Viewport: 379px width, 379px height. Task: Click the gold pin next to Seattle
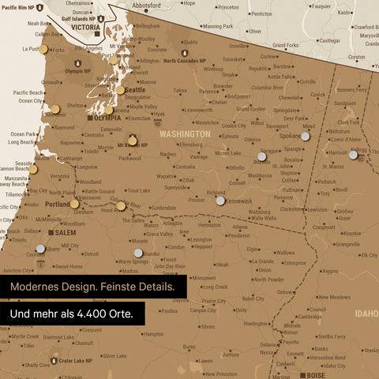[120, 89]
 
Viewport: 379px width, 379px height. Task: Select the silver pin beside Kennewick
[220, 201]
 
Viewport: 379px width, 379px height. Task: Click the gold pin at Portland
[74, 204]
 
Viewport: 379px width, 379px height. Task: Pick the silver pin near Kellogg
[354, 154]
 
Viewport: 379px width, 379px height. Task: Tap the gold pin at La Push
[43, 49]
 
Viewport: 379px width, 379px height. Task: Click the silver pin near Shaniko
[139, 253]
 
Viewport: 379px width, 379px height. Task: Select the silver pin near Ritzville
[261, 156]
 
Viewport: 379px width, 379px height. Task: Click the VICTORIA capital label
[85, 27]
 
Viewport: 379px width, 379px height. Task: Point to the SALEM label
[64, 233]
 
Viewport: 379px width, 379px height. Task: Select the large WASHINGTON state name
[184, 134]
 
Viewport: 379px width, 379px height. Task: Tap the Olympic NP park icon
[77, 62]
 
